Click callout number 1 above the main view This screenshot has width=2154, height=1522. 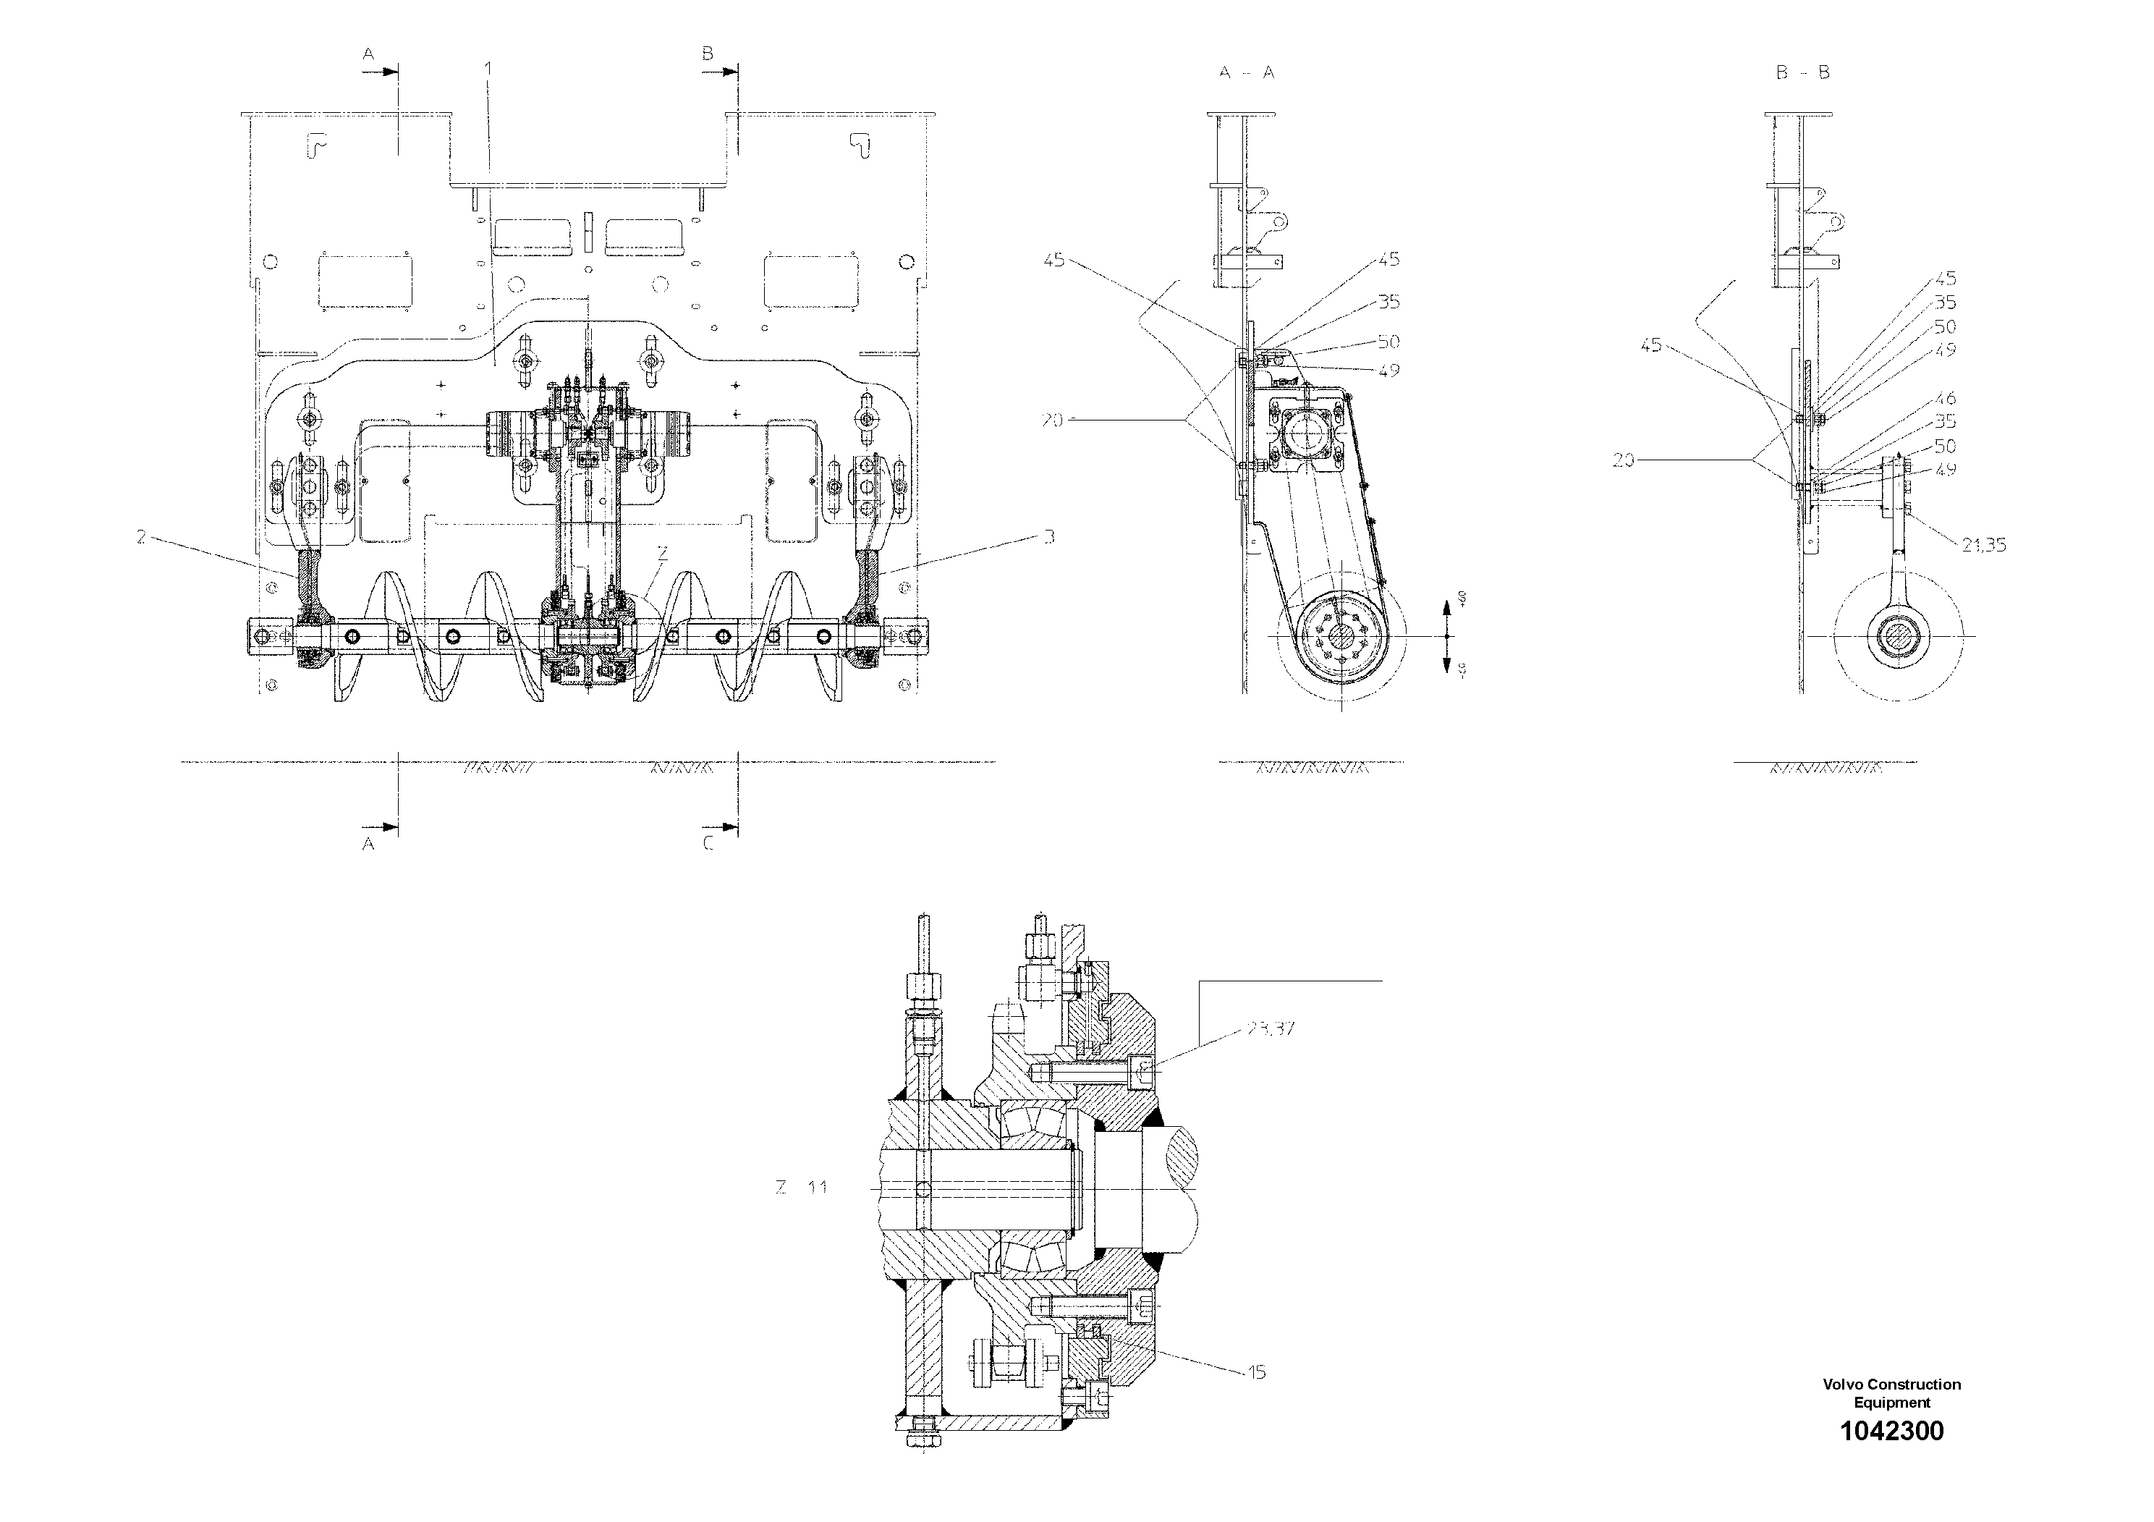pos(488,67)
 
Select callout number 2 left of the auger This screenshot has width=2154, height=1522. pos(140,537)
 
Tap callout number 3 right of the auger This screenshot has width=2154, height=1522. pos(1049,537)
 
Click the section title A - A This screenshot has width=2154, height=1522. pos(1247,72)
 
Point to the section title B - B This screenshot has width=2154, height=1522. pos(1802,72)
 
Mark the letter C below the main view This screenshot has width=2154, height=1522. pos(708,844)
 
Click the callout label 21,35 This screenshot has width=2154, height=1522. pos(1983,545)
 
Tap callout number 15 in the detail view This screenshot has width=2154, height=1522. pos(1257,1372)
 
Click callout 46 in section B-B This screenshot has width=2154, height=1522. pos(1945,399)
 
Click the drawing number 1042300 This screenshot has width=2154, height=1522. pos(1891,1458)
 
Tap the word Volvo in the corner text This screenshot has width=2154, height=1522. pos(1841,1384)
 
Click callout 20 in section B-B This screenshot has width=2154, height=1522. pos(1623,460)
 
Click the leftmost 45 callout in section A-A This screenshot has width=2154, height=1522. pos(1054,260)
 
